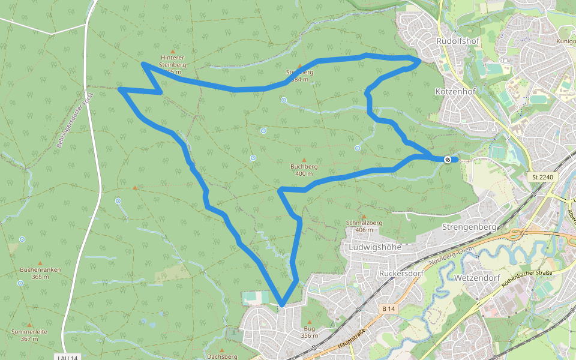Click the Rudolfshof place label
point(456,41)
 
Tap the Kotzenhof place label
point(455,91)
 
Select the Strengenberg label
point(469,227)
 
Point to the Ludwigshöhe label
point(371,247)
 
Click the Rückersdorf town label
point(401,273)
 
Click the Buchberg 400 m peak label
point(304,170)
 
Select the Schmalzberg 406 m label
point(364,226)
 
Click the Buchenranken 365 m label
point(40,273)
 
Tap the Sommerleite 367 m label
point(29,335)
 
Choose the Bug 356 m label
point(309,332)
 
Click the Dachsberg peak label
point(221,356)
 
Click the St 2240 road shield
point(544,177)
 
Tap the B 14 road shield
point(389,308)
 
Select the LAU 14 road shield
point(68,358)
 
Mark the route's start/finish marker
point(448,159)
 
